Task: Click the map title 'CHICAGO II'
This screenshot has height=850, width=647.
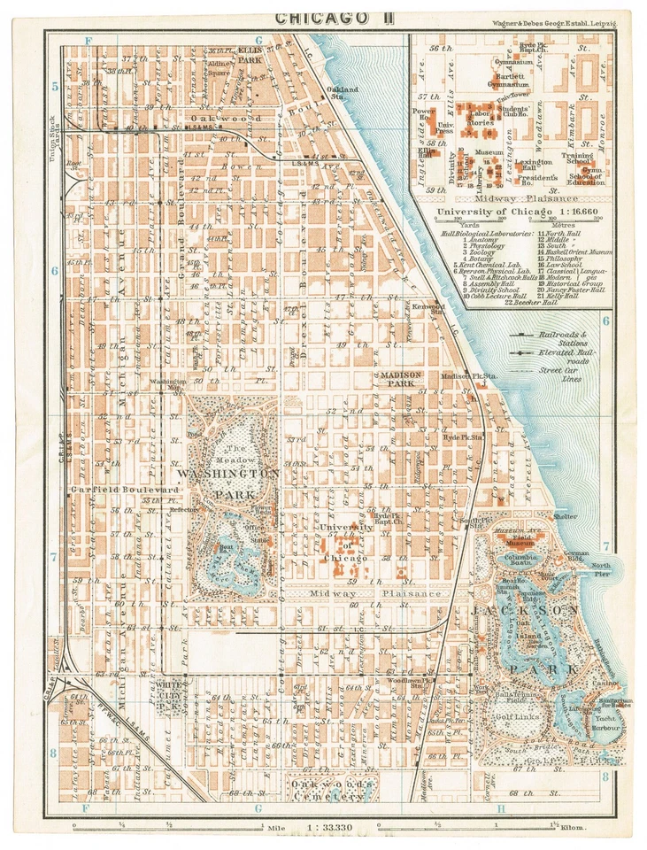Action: point(323,17)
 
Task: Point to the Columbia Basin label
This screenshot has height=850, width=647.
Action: point(522,559)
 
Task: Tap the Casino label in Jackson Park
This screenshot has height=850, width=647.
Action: point(604,685)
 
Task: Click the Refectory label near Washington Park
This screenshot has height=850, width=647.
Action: point(184,510)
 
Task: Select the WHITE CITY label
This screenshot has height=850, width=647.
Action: point(170,690)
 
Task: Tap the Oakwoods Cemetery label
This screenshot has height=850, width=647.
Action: point(319,789)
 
